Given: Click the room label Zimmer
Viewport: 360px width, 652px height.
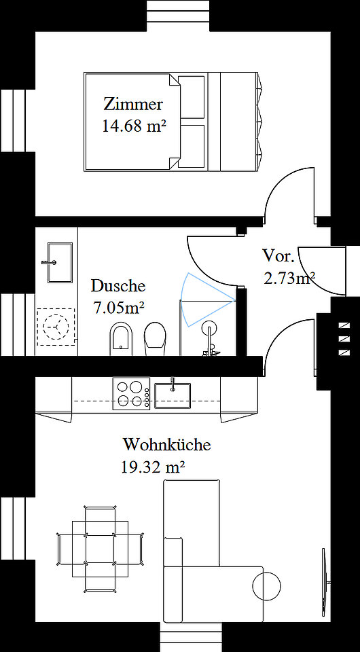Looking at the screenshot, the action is point(133,104).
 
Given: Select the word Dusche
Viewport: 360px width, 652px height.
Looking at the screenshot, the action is point(118,286).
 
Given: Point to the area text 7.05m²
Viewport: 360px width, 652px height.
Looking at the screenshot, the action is point(118,308).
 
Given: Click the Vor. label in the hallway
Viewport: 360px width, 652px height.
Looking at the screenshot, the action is point(278,255).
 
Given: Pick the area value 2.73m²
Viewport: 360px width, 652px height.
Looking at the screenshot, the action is point(289,277).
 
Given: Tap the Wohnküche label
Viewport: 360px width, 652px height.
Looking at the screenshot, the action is point(166,444).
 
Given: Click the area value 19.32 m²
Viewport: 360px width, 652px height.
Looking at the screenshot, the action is point(153,467).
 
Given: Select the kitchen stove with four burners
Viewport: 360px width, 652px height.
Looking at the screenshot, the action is point(131,393).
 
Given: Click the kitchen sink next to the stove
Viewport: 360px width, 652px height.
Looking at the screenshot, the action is point(173,395).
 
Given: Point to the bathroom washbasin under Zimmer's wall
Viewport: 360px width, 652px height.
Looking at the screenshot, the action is point(60,263).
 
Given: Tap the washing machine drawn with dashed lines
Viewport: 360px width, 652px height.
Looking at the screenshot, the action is point(56,327).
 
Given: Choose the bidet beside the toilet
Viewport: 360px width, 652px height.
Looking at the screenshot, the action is point(122,339).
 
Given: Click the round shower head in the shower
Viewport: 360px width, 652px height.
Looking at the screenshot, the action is point(209,328).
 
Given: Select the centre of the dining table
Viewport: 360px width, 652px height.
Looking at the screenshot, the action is point(100,549).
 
